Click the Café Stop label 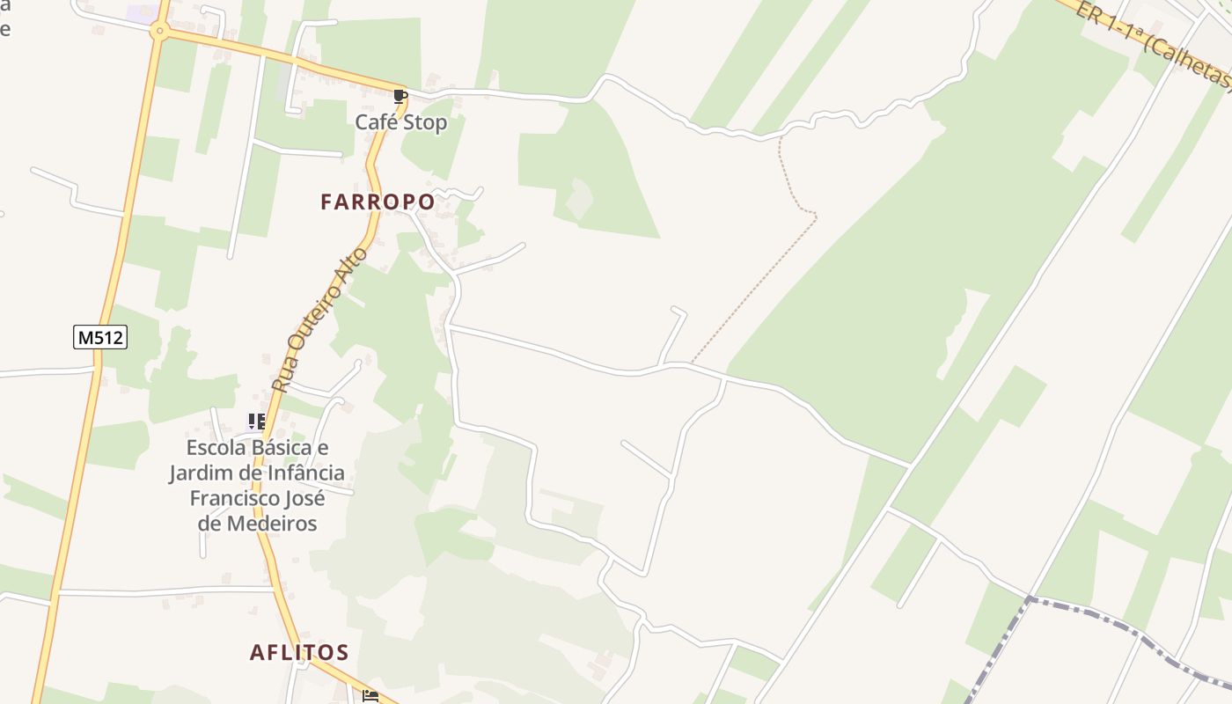tap(400, 122)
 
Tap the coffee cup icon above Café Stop tap(400, 96)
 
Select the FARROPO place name tap(378, 202)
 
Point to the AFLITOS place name tap(299, 652)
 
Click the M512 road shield tap(100, 336)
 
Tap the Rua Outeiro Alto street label tap(321, 319)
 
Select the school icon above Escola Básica tap(256, 422)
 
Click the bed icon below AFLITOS tap(370, 696)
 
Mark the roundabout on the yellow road tap(158, 31)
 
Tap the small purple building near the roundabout tap(139, 14)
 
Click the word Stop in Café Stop tap(426, 122)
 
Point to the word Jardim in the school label tap(198, 473)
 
